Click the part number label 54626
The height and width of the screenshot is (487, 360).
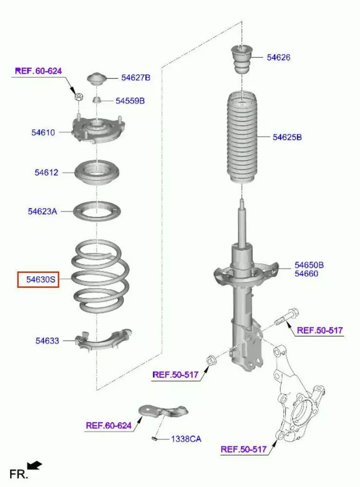[278, 57]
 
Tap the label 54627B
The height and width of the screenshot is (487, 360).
[135, 77]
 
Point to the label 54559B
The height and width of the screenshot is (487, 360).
[130, 101]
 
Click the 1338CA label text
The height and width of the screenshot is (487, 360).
[186, 439]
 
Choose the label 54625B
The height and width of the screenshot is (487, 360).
[287, 137]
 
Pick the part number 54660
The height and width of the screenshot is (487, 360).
[306, 274]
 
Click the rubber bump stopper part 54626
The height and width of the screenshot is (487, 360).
[242, 59]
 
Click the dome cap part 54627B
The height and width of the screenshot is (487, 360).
[96, 79]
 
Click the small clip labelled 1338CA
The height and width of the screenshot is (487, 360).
[154, 439]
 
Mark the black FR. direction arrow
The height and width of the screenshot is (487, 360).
[35, 465]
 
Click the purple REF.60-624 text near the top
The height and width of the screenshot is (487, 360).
[38, 71]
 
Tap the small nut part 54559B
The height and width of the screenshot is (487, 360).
[96, 100]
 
